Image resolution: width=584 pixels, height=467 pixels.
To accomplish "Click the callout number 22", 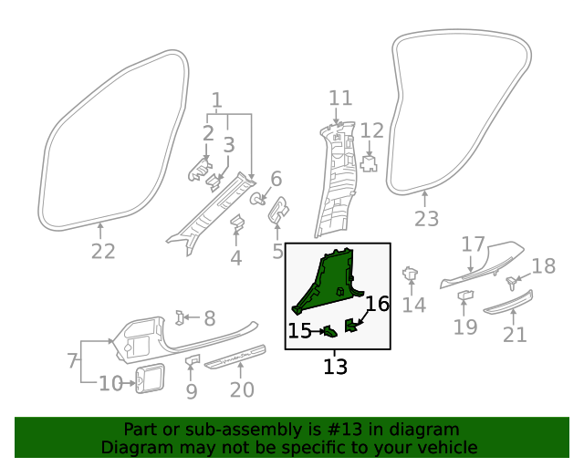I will pos(102,252).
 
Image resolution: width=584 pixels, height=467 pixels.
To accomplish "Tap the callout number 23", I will pos(426,219).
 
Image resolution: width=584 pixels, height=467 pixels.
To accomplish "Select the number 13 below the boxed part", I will pos(335,367).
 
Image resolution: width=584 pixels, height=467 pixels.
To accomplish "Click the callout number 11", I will pos(340,99).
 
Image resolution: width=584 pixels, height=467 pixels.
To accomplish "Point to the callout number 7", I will pos(72,361).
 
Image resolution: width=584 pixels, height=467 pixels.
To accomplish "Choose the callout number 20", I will pos(241,391).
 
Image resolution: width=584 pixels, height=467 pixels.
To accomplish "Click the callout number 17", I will pos(472,244).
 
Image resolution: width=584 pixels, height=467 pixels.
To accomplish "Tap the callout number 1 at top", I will pos(217,99).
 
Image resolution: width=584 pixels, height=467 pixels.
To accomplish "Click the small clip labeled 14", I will pos(411,274).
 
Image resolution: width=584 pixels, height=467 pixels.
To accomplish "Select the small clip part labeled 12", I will pos(370,163).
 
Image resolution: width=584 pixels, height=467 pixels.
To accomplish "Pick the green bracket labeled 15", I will pos(329,331).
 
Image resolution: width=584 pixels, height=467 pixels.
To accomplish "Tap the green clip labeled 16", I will pos(352,324).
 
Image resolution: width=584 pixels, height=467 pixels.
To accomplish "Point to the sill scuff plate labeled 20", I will pos(235,357).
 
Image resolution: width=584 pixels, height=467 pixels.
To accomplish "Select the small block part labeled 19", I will pos(465,296).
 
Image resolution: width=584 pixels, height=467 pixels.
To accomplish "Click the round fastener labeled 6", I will pos(259,198).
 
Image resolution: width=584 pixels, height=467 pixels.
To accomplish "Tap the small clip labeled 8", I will pos(181,317).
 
